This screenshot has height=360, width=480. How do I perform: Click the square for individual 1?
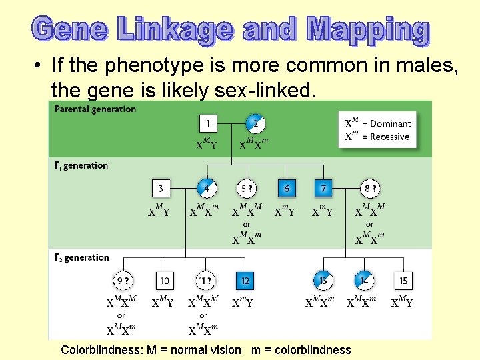click(208, 123)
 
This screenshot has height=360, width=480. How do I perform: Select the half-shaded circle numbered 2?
click(255, 123)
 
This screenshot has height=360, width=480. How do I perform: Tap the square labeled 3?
click(161, 189)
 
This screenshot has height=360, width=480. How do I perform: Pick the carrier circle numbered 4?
click(207, 189)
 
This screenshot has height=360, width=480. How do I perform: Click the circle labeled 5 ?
click(247, 189)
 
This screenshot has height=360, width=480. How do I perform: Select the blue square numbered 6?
click(287, 189)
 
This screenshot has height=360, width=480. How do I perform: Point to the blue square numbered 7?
click(323, 189)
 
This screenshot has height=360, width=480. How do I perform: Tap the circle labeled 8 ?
click(369, 189)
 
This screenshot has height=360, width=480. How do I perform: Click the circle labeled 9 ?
click(122, 281)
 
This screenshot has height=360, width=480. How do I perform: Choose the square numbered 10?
click(165, 281)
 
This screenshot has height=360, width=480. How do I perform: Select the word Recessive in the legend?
click(389, 137)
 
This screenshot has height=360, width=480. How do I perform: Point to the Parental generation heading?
click(95, 109)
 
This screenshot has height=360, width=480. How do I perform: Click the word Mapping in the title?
click(367, 30)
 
